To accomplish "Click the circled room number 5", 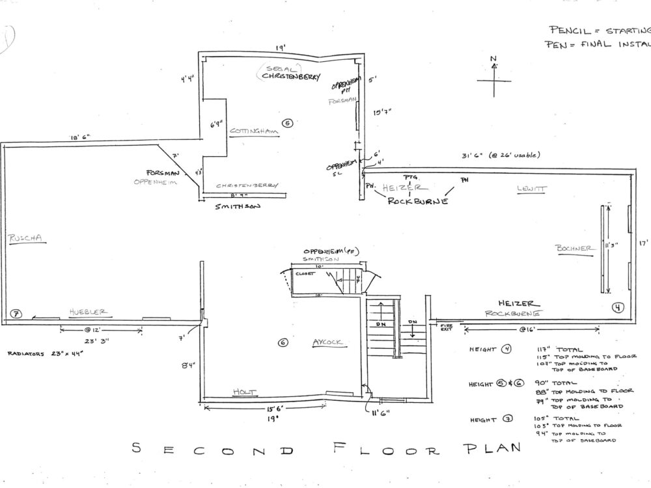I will pyautogui.click(x=288, y=122).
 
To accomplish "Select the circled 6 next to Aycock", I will pyautogui.click(x=283, y=343).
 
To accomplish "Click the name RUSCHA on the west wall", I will pyautogui.click(x=25, y=238).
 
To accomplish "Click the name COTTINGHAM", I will pyautogui.click(x=254, y=131).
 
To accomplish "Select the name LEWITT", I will pyautogui.click(x=533, y=189).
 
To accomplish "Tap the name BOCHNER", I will pyautogui.click(x=573, y=248).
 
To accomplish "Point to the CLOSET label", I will pyautogui.click(x=305, y=274).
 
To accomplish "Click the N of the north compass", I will pyautogui.click(x=495, y=60).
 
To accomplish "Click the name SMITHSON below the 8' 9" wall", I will pyautogui.click(x=238, y=207).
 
